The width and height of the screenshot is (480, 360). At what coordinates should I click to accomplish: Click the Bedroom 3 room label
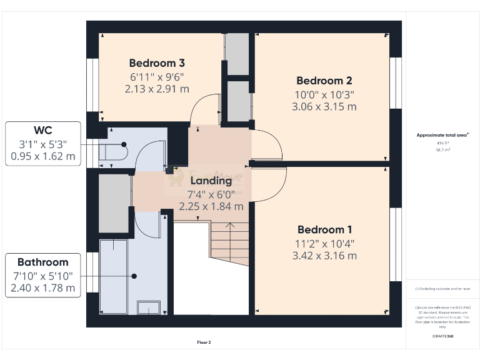click(x=157, y=63)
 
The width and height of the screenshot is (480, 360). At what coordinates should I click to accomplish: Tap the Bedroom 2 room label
click(x=324, y=81)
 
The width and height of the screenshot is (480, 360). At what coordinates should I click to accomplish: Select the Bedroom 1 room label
click(x=324, y=229)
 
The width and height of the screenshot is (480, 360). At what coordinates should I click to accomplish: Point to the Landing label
click(x=211, y=181)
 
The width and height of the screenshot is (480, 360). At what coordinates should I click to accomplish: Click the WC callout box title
click(x=43, y=131)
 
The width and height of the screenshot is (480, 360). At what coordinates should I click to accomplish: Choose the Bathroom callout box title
click(x=43, y=262)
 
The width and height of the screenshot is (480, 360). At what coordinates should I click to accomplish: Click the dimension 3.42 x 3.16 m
click(x=324, y=256)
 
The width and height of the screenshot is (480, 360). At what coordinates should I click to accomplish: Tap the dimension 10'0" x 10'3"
click(x=324, y=94)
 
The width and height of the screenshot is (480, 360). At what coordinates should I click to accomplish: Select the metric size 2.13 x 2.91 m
click(x=157, y=89)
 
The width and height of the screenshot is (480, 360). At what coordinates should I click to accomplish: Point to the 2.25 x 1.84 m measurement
click(x=211, y=206)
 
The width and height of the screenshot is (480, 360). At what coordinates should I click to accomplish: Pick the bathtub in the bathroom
click(x=114, y=276)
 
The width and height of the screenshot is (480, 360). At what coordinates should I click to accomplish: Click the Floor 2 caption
click(x=204, y=342)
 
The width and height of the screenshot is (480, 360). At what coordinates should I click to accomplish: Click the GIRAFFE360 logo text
click(x=442, y=336)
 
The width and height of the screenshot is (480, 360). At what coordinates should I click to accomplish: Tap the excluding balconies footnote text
click(x=442, y=289)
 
